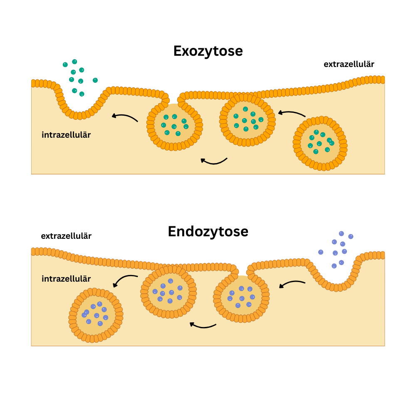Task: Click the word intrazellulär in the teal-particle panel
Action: click(66, 135)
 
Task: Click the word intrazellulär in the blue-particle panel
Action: click(66, 279)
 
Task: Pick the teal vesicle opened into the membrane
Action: click(175, 125)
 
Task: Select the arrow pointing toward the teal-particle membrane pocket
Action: click(124, 117)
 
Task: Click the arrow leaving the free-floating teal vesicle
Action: click(292, 113)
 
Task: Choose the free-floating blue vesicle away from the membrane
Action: click(96, 315)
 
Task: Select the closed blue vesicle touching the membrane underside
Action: click(168, 292)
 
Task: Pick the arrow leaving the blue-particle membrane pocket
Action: click(292, 284)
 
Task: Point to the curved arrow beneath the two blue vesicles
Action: click(203, 325)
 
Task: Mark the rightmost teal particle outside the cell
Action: click(95, 80)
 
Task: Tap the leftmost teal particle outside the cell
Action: click(65, 64)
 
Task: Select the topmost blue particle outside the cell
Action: click(341, 234)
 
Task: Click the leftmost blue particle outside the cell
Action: click(321, 252)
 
